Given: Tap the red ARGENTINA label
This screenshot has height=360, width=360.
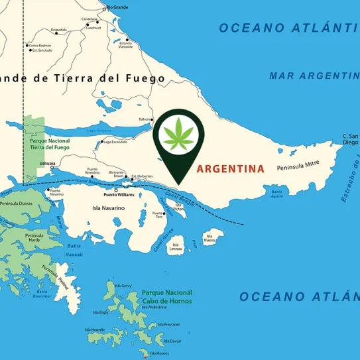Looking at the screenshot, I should point(229,168).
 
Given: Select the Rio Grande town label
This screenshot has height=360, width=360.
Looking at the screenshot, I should point(117,8).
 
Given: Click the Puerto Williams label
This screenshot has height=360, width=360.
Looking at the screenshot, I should point(119,195).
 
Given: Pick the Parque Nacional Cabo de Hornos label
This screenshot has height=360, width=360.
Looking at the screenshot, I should point(166,296).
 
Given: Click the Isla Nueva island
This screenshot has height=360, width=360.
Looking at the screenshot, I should point(211,237).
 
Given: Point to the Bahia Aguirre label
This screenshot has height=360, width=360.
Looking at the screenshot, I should point(277,193).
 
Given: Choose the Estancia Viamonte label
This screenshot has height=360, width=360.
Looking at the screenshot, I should point(125,44).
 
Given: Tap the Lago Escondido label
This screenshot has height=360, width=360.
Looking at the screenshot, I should point(115,142).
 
